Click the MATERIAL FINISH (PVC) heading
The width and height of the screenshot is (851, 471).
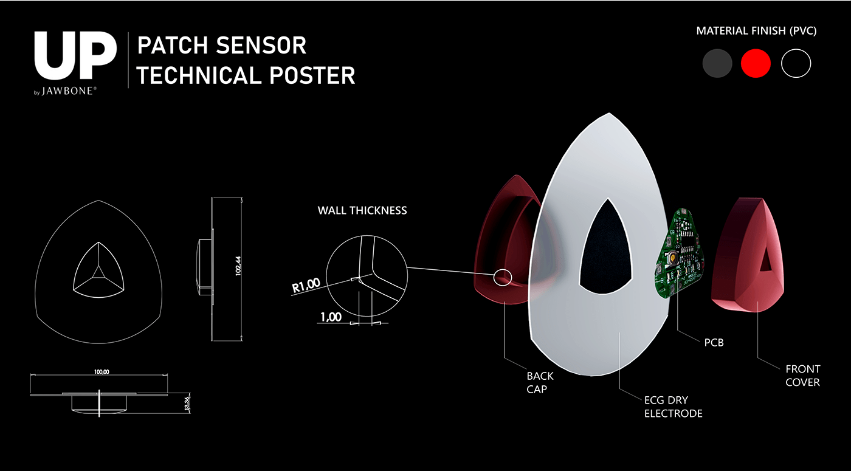756,31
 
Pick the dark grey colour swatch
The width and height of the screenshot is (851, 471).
717,64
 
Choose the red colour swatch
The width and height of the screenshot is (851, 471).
756,64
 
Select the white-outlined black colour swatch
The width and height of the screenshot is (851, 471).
796,64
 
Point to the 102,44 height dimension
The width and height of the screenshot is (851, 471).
238,266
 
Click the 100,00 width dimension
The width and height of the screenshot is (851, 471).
102,372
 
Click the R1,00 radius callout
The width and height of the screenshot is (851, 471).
306,284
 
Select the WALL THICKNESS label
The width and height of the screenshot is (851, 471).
362,211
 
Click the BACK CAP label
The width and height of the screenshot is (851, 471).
540,383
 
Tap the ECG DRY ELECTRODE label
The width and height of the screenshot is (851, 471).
673,407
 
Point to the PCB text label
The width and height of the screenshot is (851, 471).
714,343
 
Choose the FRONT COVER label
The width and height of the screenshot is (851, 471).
802,376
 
